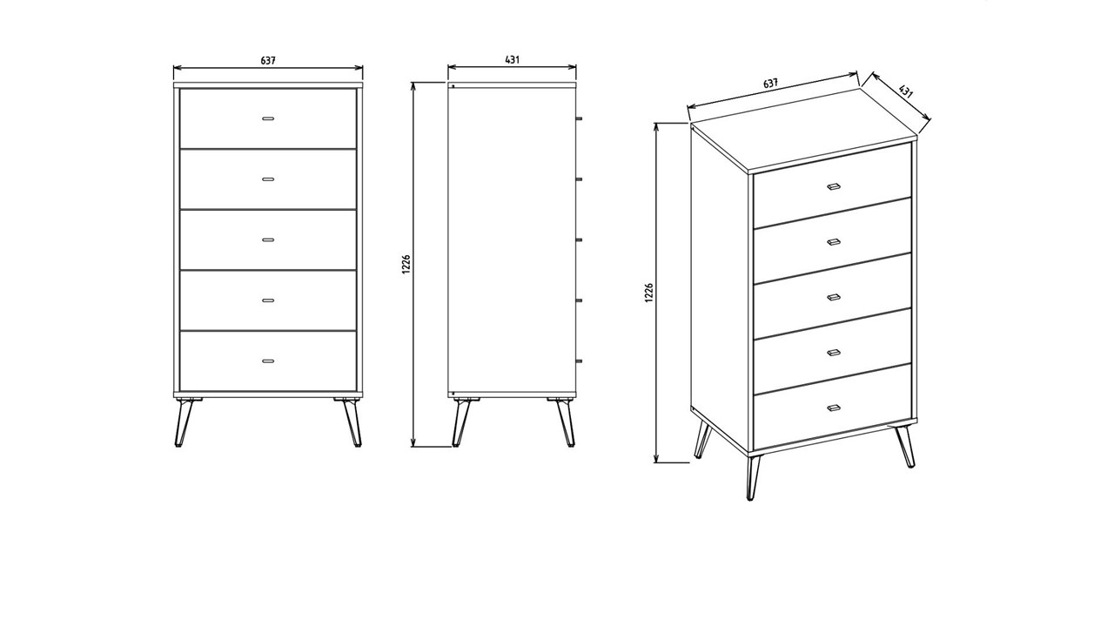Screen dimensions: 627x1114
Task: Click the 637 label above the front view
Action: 268,61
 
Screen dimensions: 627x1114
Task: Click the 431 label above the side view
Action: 513,60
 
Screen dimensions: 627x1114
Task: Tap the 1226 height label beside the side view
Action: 406,265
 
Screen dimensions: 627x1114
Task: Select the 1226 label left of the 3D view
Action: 649,293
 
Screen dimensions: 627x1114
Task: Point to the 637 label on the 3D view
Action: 770,84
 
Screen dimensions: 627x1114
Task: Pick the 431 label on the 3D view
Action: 905,91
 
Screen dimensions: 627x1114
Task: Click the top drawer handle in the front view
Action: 268,118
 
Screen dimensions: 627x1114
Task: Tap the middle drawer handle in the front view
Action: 268,239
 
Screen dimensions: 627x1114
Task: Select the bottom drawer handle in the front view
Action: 268,360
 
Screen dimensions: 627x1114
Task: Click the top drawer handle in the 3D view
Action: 833,186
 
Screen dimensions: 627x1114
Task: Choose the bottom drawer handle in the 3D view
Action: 833,407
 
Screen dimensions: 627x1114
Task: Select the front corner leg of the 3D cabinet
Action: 753,476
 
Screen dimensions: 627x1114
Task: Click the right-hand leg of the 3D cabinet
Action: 906,446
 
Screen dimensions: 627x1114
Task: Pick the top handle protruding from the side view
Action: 579,118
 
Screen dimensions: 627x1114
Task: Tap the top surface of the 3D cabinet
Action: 805,126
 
